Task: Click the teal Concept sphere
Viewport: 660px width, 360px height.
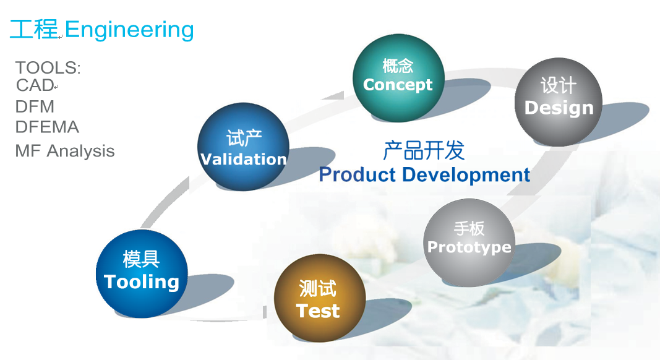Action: [398, 79]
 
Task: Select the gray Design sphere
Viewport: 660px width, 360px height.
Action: [558, 102]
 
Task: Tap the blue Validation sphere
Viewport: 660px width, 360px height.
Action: [243, 147]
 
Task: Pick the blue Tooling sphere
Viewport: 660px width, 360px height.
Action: [142, 273]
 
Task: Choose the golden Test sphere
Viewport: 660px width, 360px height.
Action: [319, 298]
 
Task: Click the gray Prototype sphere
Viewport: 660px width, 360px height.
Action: [469, 242]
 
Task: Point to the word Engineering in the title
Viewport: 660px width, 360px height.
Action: [129, 30]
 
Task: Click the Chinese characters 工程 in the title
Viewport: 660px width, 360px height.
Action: [33, 30]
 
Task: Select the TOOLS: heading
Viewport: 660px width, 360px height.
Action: [48, 68]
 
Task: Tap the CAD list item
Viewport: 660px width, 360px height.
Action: [35, 85]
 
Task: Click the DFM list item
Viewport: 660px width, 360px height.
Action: [35, 106]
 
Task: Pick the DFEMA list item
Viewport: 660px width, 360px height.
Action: [47, 127]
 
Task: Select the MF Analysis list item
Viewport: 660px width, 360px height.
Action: [65, 151]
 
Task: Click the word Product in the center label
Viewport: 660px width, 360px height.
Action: [358, 174]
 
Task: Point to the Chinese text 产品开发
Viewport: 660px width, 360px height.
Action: [424, 150]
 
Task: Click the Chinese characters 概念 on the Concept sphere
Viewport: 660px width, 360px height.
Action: [398, 66]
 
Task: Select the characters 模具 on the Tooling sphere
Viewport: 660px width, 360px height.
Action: [142, 259]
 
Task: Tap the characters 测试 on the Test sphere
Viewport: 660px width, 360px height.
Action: [318, 289]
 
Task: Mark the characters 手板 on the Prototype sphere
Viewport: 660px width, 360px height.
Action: [469, 229]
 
